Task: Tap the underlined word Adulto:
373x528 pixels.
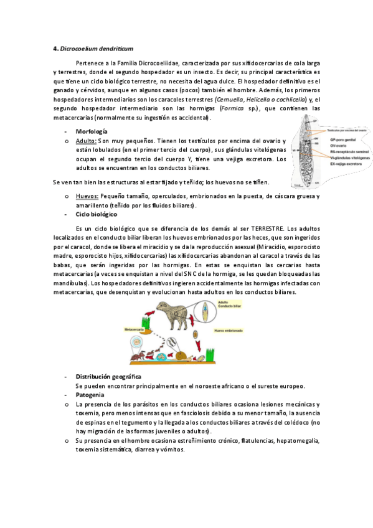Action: [86, 141]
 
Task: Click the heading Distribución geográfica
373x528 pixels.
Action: [108, 377]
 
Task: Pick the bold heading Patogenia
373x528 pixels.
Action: [90, 395]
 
